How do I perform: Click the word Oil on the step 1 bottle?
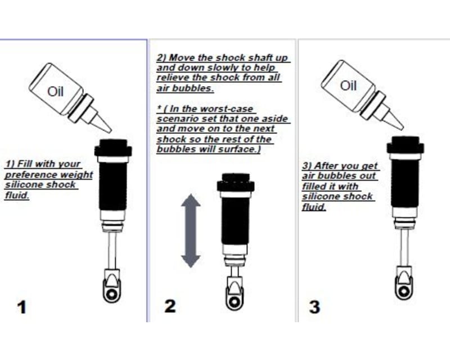(56, 91)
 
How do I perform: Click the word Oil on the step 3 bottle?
(348, 85)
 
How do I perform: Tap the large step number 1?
(22, 307)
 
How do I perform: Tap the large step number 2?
(169, 306)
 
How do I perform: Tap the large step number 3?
(315, 307)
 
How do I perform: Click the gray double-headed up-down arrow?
(191, 231)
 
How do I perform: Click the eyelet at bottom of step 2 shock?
(233, 298)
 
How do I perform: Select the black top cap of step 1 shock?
(113, 148)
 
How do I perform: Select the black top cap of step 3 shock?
(405, 146)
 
